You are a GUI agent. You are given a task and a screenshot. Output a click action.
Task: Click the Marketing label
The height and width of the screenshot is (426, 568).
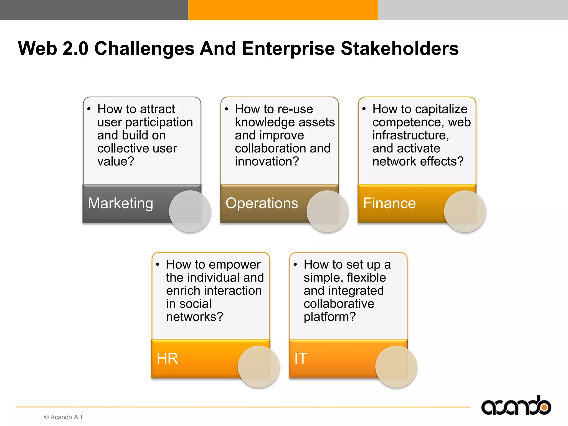point(120,203)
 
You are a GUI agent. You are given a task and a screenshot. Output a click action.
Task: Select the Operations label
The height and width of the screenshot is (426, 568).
point(262,203)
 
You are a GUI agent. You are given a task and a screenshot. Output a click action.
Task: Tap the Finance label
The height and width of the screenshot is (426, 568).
point(389,203)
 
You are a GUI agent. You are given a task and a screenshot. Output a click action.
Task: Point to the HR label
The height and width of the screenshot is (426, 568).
point(167,359)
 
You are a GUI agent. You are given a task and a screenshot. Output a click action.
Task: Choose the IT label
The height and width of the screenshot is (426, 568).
point(301,359)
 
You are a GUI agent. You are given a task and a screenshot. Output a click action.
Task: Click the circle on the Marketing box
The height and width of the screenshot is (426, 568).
point(190,211)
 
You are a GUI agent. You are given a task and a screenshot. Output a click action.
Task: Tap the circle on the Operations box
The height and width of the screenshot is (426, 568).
point(328,211)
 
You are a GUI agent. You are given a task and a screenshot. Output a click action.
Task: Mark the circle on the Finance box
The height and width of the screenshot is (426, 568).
point(465,211)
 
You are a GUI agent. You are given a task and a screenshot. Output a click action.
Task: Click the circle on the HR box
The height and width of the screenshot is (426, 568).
point(259,367)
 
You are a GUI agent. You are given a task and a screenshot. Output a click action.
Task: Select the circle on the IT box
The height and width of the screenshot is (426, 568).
point(396,367)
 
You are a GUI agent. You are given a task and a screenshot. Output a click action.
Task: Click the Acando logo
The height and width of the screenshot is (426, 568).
point(516,406)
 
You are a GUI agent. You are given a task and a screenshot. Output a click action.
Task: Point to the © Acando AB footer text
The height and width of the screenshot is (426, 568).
point(63,417)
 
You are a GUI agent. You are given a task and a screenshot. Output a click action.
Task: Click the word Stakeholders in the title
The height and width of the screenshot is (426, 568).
point(399,49)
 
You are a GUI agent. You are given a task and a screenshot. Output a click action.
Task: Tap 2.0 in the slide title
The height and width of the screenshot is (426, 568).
point(75,49)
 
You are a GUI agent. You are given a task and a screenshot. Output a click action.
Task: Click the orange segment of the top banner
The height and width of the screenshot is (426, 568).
point(283,10)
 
